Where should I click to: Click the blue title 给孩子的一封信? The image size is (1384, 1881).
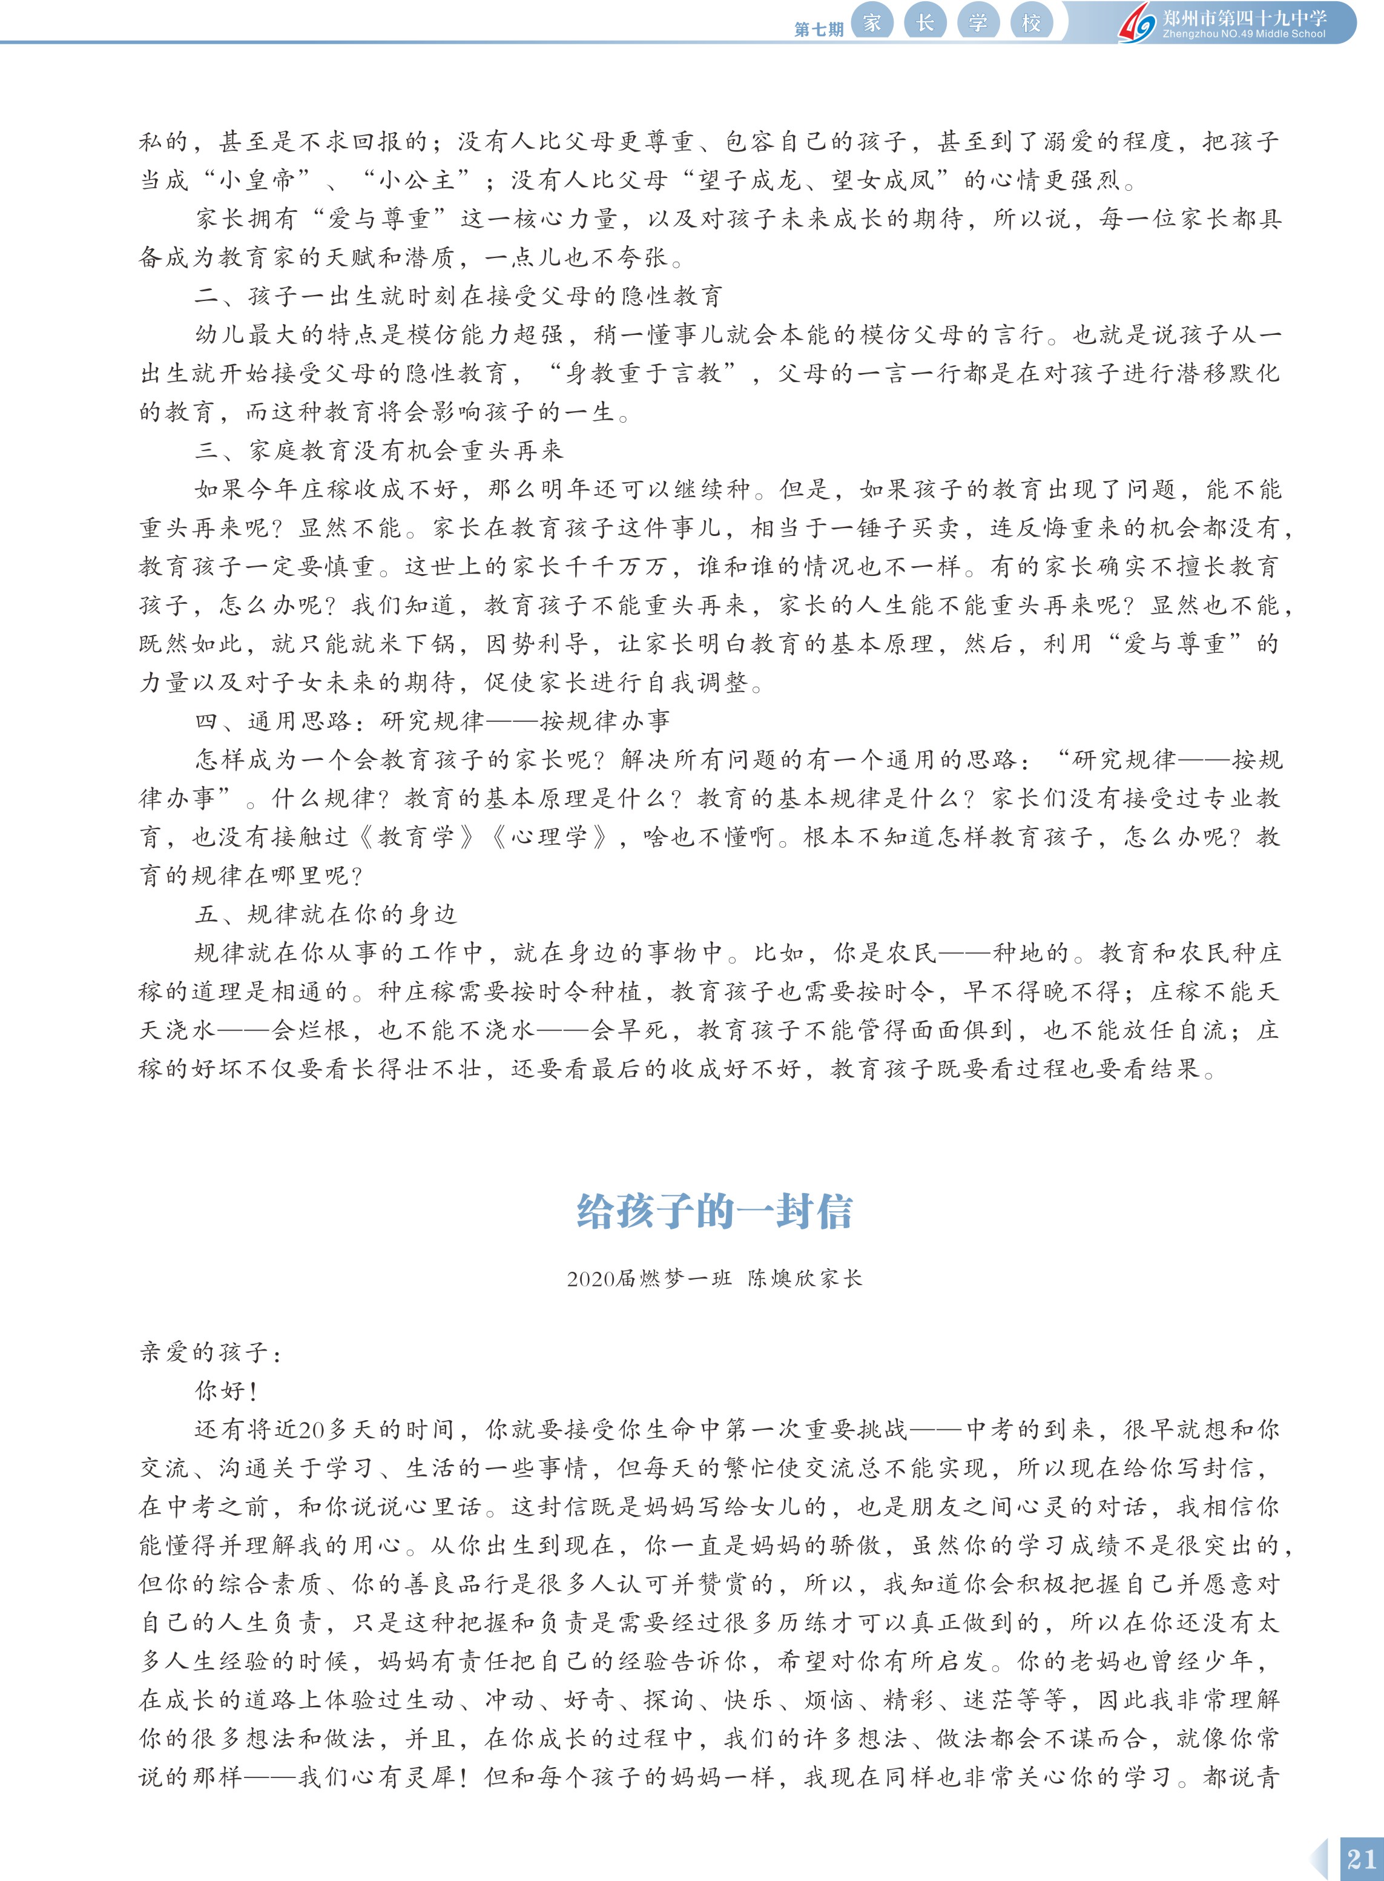[x=714, y=1212]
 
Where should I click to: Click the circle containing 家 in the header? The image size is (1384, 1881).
[x=872, y=22]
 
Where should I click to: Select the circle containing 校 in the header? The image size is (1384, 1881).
[x=1030, y=22]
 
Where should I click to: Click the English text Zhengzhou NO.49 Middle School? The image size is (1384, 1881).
[x=1244, y=35]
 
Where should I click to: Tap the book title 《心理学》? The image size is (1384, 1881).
[x=547, y=837]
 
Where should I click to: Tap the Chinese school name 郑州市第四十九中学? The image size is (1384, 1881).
[x=1244, y=18]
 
